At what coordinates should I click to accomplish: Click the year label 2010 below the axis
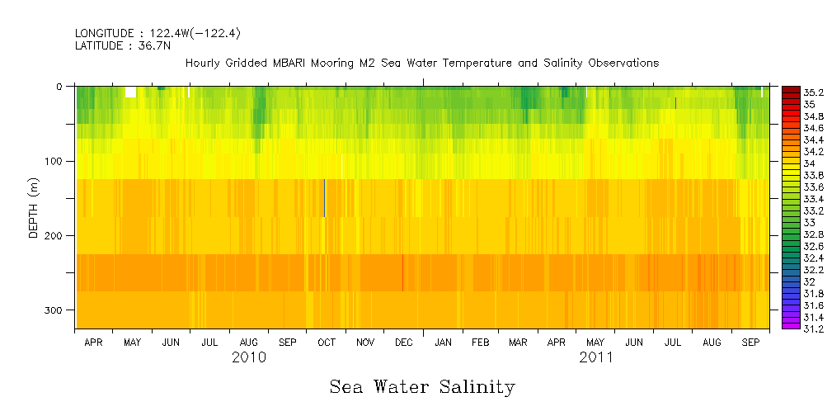249,357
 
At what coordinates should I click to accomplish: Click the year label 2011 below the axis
596,357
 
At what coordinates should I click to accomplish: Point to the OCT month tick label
326,342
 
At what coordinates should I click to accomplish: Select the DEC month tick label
404,342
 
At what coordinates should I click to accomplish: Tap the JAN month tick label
443,342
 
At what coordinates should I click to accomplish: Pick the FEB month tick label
481,342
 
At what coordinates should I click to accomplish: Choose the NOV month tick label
364,342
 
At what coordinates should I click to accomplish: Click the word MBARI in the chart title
290,64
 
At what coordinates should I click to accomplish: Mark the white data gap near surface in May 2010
130,92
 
